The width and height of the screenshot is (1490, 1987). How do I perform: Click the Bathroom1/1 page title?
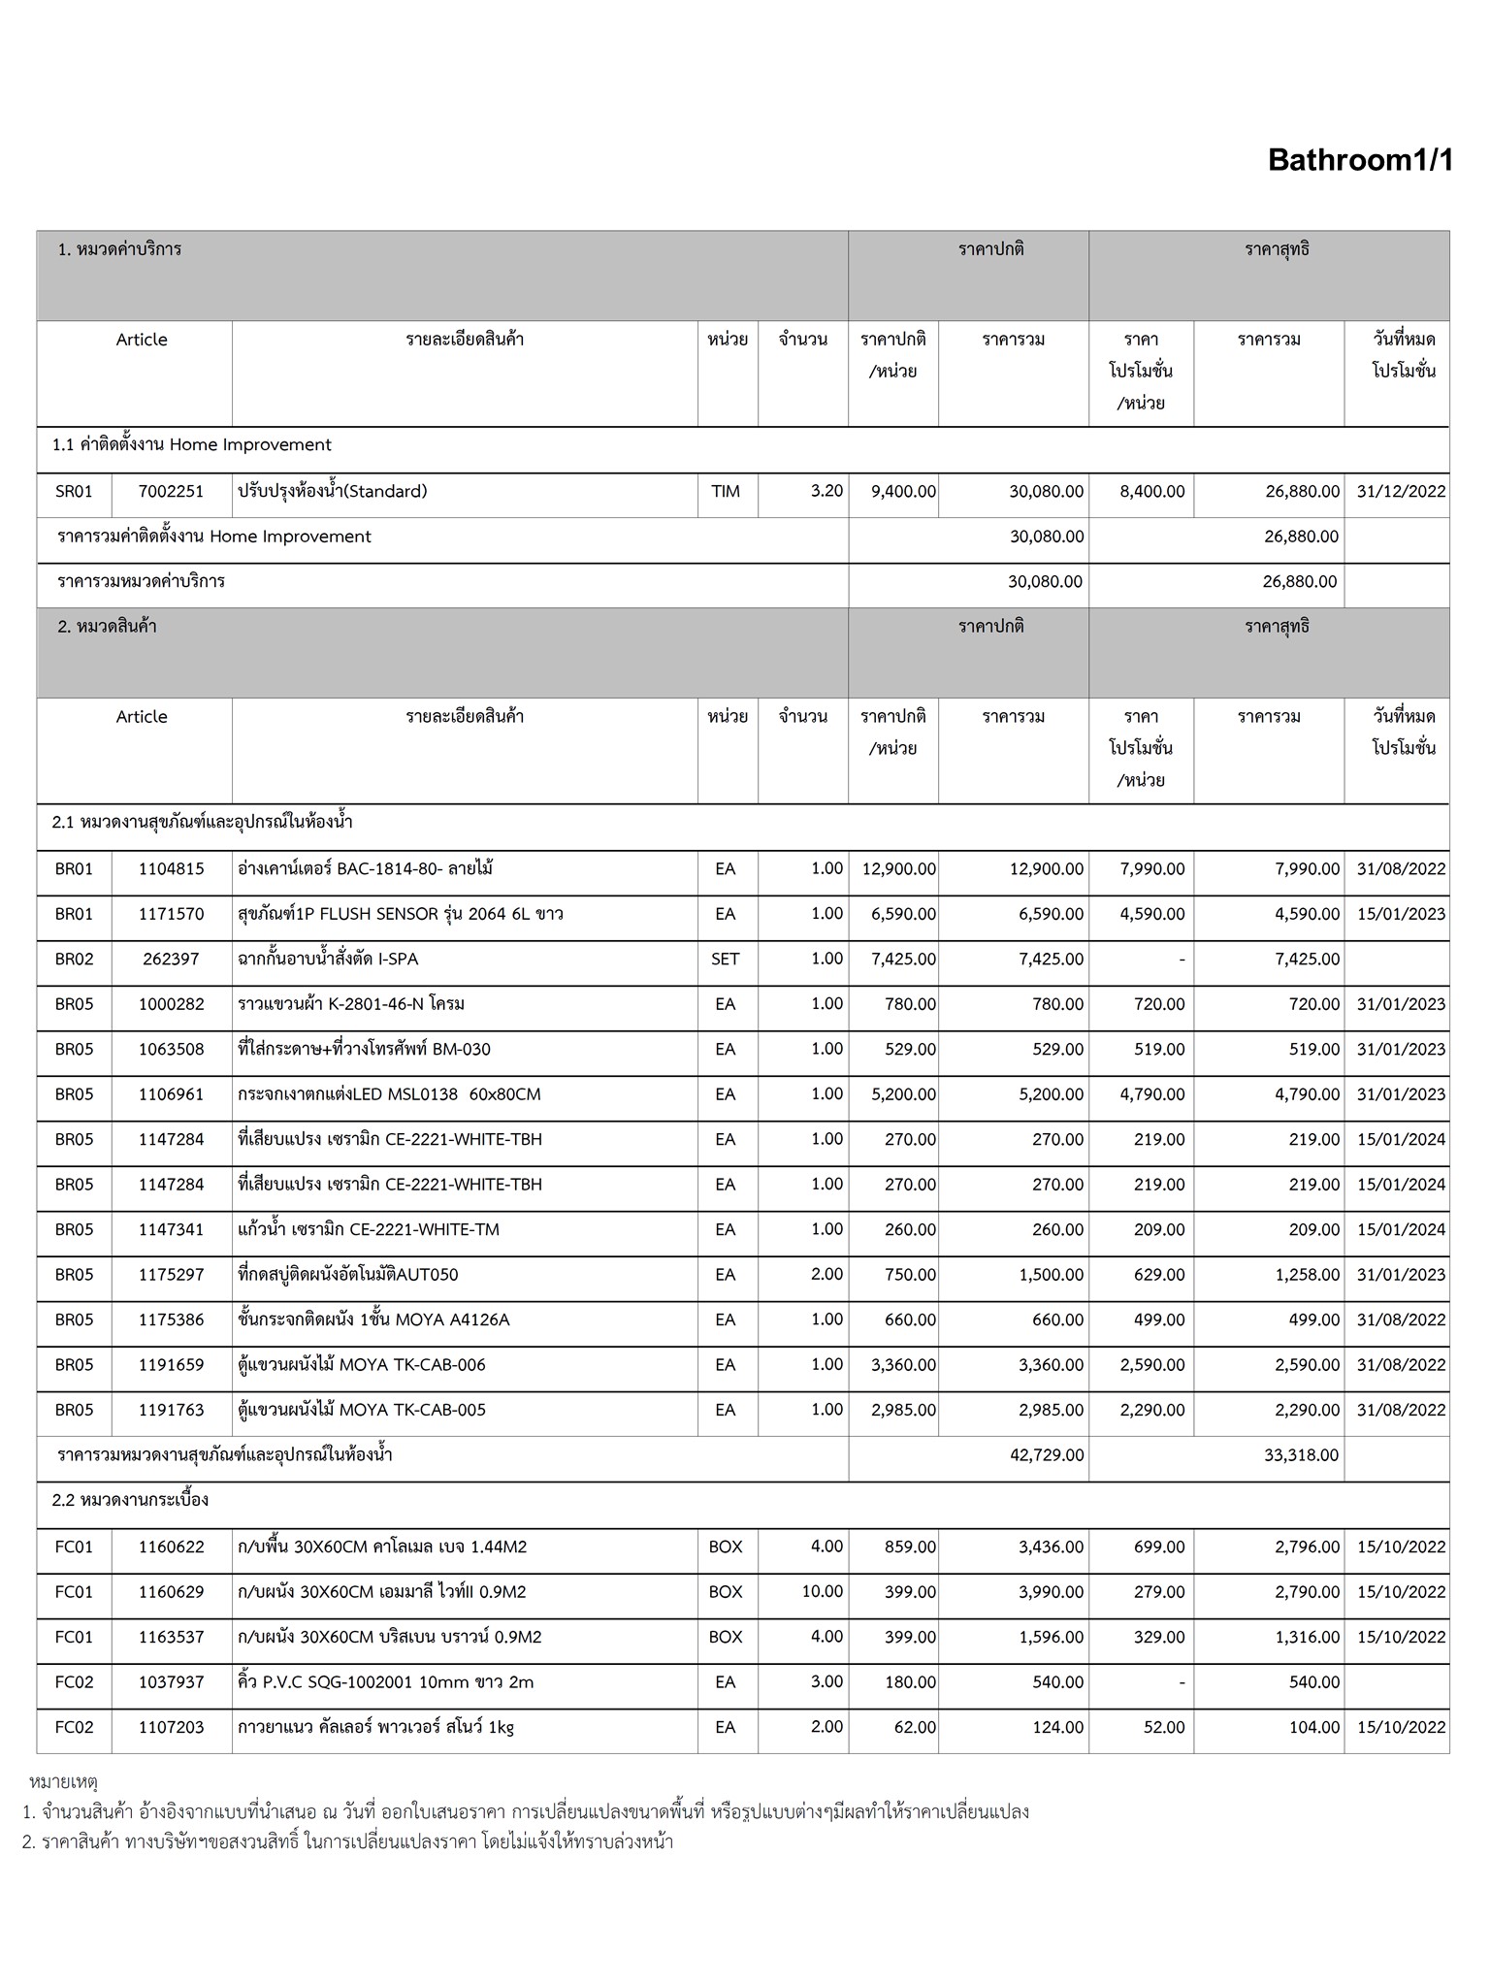tap(1360, 160)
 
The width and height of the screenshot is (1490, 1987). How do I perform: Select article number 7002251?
tap(172, 492)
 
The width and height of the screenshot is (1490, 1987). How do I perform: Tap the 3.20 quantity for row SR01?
tap(826, 491)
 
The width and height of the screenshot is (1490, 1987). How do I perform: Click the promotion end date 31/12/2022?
tap(1401, 492)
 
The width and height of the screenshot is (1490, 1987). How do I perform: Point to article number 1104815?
tap(172, 869)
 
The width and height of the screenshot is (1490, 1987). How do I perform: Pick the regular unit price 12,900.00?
tap(898, 869)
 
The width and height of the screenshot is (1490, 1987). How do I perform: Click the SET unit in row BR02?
tap(726, 960)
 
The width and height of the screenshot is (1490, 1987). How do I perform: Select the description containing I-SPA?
tap(328, 960)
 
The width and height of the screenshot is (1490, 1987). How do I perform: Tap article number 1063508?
tap(172, 1050)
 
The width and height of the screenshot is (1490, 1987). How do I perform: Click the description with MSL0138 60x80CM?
tap(389, 1094)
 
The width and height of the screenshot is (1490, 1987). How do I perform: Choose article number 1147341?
tap(172, 1230)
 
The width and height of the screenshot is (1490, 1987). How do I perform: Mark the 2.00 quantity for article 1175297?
tap(826, 1275)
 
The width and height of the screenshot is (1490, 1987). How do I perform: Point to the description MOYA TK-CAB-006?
tap(362, 1365)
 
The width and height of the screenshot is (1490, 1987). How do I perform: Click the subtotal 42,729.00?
tap(1047, 1455)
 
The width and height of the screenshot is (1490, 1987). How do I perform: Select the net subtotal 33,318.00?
tap(1301, 1455)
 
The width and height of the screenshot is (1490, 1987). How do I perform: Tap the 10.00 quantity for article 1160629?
tap(825, 1592)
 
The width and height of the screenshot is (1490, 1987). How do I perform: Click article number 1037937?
tap(172, 1682)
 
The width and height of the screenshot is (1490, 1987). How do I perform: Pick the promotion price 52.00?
tap(1164, 1728)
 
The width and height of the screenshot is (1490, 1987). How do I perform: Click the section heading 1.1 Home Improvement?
tap(192, 445)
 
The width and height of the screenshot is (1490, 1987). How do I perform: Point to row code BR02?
tap(75, 960)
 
